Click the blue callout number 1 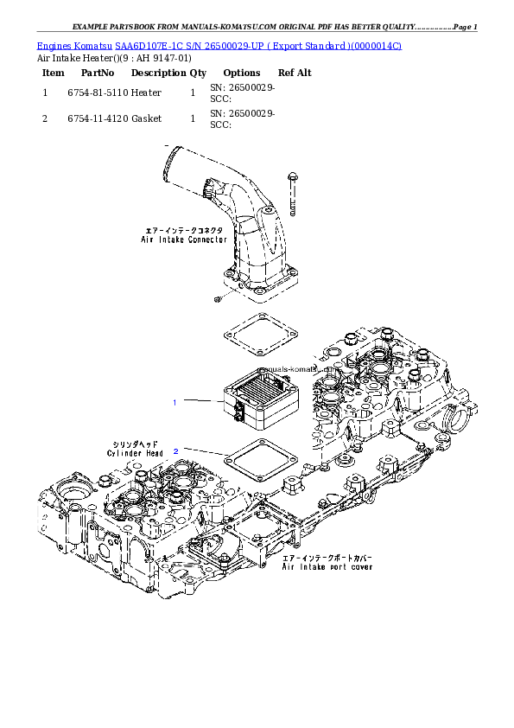point(175,403)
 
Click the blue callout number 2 point(176,451)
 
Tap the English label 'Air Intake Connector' point(184,239)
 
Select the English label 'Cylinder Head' point(135,453)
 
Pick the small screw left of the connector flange point(217,298)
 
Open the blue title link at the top point(219,44)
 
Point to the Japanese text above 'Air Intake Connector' point(184,231)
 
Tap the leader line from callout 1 point(200,401)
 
